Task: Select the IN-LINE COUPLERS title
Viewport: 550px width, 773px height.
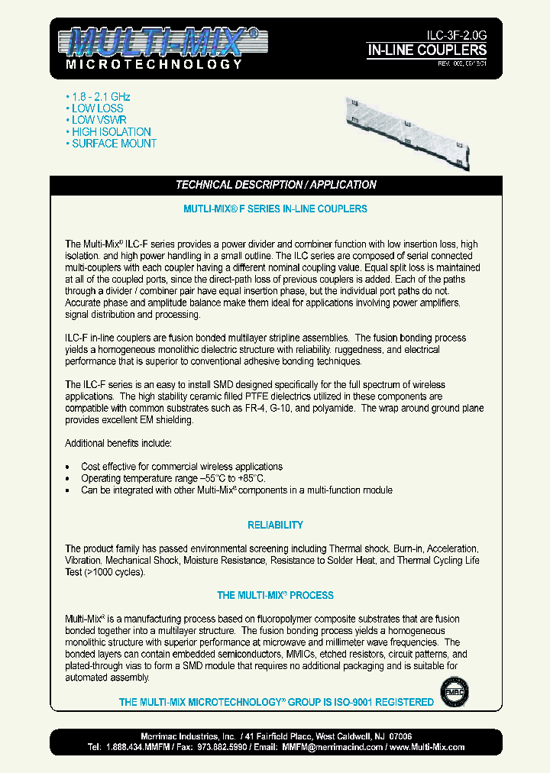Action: click(427, 50)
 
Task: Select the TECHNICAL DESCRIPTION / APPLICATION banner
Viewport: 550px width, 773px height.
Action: click(276, 185)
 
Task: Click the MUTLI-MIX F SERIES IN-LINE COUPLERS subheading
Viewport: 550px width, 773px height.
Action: click(276, 209)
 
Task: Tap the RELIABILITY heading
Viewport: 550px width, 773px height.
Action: click(276, 525)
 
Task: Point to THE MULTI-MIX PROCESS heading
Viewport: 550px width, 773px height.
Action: click(276, 595)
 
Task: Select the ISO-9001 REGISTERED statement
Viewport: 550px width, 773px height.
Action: click(276, 702)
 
